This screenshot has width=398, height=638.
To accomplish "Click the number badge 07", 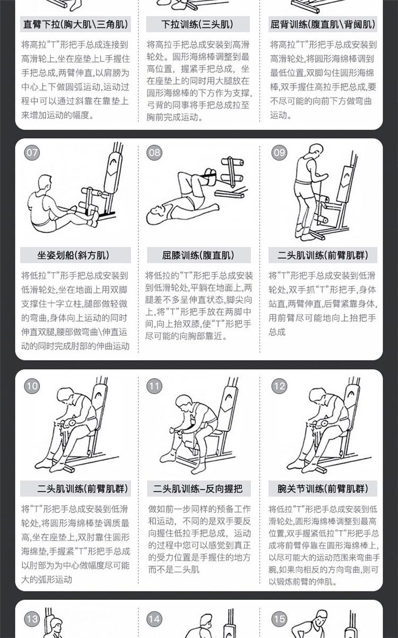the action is pyautogui.click(x=32, y=153).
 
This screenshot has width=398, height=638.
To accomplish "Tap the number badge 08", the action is pyautogui.click(x=154, y=153).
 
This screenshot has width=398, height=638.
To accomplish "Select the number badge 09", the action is pyautogui.click(x=279, y=153).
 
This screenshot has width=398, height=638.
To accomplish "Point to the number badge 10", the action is pyautogui.click(x=32, y=386).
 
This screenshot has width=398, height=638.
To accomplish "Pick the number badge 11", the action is pyautogui.click(x=154, y=386).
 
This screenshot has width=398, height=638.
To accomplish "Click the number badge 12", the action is pyautogui.click(x=279, y=386).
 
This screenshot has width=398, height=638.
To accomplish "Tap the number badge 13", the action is pyautogui.click(x=32, y=619).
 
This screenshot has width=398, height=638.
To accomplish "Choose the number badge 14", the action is pyautogui.click(x=154, y=619).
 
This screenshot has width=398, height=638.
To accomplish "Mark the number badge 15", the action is pyautogui.click(x=279, y=619).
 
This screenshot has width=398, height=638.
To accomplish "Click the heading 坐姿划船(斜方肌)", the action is pyautogui.click(x=73, y=255).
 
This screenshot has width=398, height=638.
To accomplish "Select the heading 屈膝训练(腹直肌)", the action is pyautogui.click(x=198, y=255).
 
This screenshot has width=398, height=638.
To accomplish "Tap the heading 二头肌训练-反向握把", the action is pyautogui.click(x=198, y=489).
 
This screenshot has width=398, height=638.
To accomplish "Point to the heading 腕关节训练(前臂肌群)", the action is pyautogui.click(x=323, y=489).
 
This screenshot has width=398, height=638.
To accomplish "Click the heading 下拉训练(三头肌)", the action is pyautogui.click(x=197, y=24).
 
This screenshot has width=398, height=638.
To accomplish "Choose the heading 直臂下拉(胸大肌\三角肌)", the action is pyautogui.click(x=76, y=24).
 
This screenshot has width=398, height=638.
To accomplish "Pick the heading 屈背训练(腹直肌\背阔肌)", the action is pyautogui.click(x=323, y=24).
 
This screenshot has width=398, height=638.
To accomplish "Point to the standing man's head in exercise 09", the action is pyautogui.click(x=315, y=151).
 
